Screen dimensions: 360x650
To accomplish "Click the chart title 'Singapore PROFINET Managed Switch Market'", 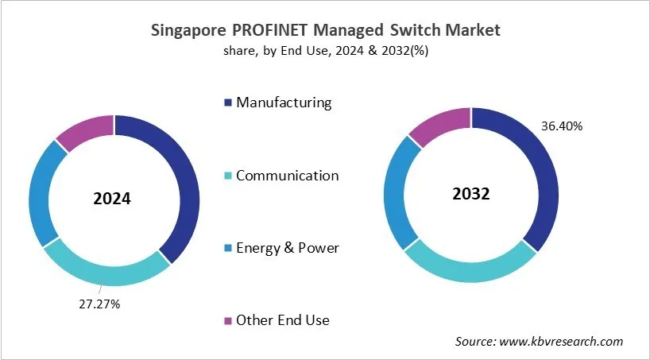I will pos(325,31).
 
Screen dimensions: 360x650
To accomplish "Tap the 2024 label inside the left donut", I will pos(112,200).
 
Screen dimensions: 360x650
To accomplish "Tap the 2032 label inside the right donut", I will pos(470,193).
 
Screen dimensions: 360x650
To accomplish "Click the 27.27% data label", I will pos(99,304).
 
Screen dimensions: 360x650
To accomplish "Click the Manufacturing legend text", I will pos(284,103).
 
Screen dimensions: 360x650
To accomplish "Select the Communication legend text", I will pos(287,176).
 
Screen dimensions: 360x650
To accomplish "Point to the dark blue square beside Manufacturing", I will pos(229,103).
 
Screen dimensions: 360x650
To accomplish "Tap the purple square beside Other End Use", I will pos(229,320).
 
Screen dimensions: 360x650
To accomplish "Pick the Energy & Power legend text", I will pos(287,248).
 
